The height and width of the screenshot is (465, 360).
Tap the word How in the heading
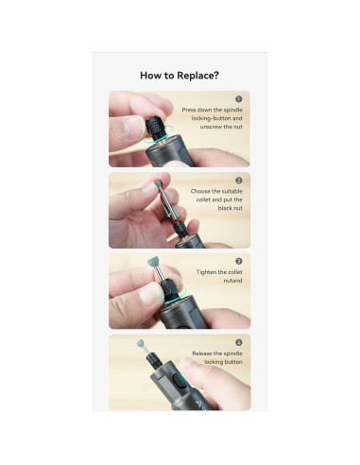pyautogui.click(x=150, y=76)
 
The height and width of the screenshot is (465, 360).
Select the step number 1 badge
pyautogui.click(x=239, y=99)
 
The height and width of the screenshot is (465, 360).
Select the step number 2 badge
pyautogui.click(x=239, y=181)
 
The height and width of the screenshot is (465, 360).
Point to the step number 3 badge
pyautogui.click(x=239, y=261)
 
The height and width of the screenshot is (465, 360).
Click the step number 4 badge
pyautogui.click(x=239, y=342)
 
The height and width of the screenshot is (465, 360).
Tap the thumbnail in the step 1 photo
pyautogui.click(x=133, y=127)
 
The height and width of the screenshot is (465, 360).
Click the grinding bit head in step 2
pyautogui.click(x=156, y=183)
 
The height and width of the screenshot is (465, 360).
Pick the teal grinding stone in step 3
pyautogui.click(x=153, y=263)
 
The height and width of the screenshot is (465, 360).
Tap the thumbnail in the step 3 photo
pyautogui.click(x=149, y=294)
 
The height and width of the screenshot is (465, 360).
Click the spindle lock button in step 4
pyautogui.click(x=179, y=381)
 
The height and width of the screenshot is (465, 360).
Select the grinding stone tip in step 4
pyautogui.click(x=140, y=344)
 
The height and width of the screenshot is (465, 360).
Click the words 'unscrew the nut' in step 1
pyautogui.click(x=221, y=127)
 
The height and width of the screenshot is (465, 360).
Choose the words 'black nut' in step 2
pyautogui.click(x=231, y=208)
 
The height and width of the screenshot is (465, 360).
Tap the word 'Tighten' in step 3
pyautogui.click(x=207, y=272)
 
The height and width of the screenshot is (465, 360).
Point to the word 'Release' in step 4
pyautogui.click(x=203, y=353)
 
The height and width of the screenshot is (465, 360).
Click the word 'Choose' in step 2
pyautogui.click(x=200, y=191)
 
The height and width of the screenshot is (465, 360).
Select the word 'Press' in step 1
pyautogui.click(x=189, y=110)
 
